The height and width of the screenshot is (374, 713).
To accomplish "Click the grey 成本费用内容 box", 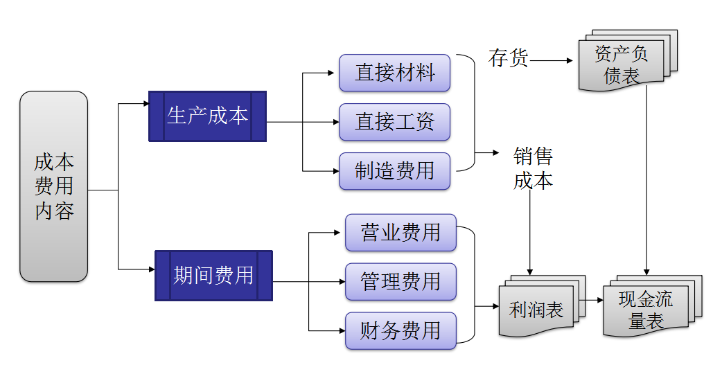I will (x=54, y=186).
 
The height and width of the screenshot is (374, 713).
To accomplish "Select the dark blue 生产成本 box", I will (x=207, y=116).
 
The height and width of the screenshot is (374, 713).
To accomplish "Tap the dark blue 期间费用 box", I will (x=213, y=275).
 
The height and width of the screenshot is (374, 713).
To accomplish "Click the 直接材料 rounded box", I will (x=394, y=73).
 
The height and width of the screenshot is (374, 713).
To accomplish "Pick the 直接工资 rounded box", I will (x=394, y=122).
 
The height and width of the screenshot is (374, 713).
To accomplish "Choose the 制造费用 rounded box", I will (x=394, y=171).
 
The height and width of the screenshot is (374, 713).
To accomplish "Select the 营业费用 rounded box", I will (x=400, y=233).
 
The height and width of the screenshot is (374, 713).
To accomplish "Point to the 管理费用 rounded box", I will (x=400, y=282).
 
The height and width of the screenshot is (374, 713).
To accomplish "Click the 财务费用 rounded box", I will (x=400, y=331).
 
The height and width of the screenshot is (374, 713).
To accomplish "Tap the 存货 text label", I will (x=508, y=59).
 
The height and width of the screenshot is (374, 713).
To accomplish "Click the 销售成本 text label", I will (x=533, y=168).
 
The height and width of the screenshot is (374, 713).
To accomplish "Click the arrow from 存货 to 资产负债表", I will (x=552, y=61).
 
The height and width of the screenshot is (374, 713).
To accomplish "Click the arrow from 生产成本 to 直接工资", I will (x=303, y=123).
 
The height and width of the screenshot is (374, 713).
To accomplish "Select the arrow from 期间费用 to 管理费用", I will (x=309, y=282).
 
